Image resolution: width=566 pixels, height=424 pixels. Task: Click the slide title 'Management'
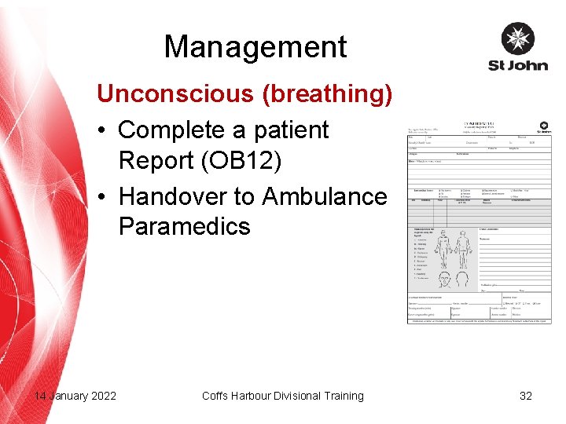[x=255, y=47]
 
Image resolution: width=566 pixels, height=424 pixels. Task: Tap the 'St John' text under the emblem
[x=518, y=64]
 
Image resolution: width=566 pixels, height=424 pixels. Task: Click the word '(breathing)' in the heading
[x=327, y=93]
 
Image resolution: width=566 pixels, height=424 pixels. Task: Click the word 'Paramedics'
[x=185, y=226]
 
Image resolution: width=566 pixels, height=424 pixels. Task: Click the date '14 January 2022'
[x=75, y=396]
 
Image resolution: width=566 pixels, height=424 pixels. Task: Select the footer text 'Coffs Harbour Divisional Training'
[x=283, y=396]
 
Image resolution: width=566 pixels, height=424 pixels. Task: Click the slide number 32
[x=526, y=396]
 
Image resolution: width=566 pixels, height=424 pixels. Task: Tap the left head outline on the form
[x=443, y=280]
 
